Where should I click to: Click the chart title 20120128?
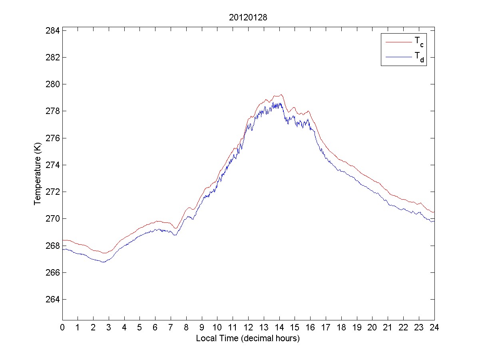(248, 18)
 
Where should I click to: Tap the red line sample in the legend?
(398, 42)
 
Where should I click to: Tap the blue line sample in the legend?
(398, 57)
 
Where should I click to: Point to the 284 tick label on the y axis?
(53, 30)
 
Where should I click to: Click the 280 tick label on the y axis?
(53, 84)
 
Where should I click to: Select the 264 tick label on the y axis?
(53, 300)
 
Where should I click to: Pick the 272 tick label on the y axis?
(53, 192)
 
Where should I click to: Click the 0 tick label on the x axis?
(62, 327)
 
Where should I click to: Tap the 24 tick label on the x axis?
(434, 327)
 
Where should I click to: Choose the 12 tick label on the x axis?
(248, 327)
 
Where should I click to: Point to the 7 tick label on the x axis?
(171, 327)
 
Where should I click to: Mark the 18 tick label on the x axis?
(341, 327)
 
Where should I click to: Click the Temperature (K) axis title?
(38, 175)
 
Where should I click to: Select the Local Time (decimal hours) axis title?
(248, 338)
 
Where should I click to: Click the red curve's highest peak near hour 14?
(281, 94)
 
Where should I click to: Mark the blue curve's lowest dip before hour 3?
(104, 262)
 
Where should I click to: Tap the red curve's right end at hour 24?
(434, 212)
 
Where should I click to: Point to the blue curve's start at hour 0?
(63, 249)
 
